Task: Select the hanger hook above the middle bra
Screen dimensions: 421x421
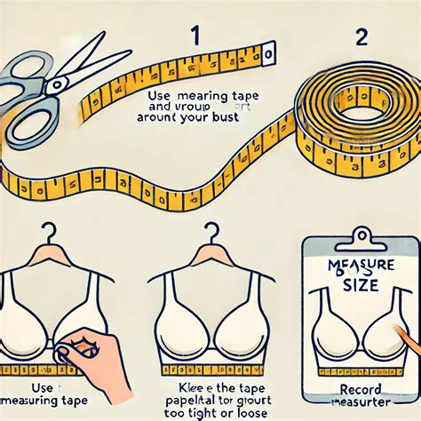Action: tap(210, 234)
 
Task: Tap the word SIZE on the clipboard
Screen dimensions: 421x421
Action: tap(361, 285)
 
